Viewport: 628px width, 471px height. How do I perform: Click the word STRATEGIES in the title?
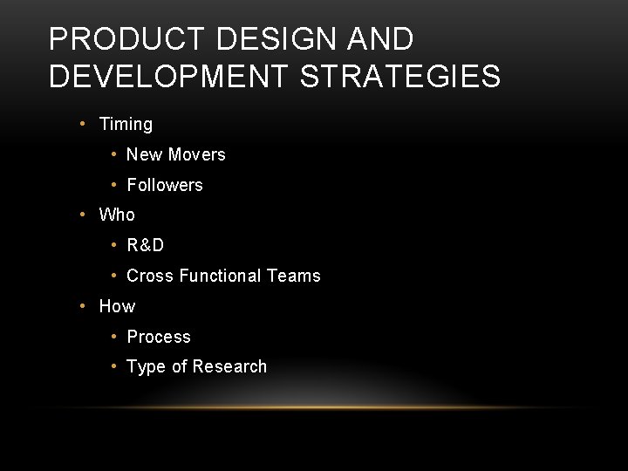(x=400, y=76)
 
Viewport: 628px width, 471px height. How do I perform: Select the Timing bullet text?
(x=126, y=124)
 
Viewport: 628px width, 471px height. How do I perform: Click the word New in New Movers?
(x=144, y=154)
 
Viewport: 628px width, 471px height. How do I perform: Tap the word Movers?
(x=196, y=154)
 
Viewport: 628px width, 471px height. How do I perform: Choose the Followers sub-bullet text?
(x=165, y=185)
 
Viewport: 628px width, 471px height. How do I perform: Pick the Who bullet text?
(x=117, y=215)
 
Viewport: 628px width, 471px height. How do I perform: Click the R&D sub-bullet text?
(x=146, y=245)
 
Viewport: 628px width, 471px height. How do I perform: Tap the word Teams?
(x=294, y=276)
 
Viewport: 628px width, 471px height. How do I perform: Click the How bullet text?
(x=117, y=306)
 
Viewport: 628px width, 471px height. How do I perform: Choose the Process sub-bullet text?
(x=159, y=337)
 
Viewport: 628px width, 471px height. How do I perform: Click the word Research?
(x=230, y=366)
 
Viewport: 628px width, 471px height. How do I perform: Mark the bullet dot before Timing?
(x=81, y=124)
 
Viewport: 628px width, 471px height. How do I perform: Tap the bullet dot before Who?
(x=81, y=215)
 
